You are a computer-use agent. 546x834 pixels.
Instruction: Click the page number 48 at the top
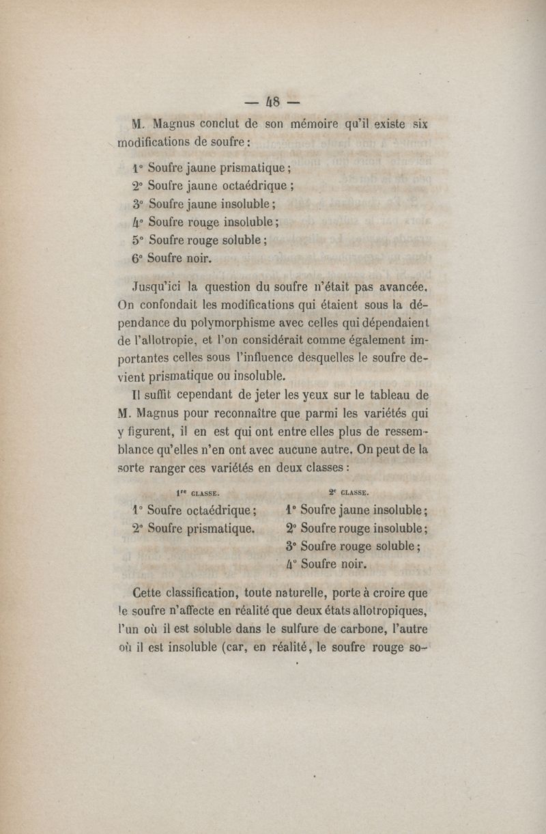pyautogui.click(x=272, y=101)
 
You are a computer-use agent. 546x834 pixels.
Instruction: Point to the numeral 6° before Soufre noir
pyautogui.click(x=137, y=259)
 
